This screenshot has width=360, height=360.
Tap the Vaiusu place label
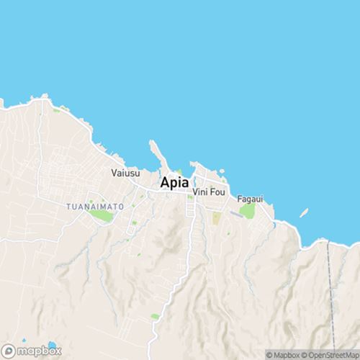pos(125,173)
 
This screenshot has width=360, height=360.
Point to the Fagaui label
pos(250,197)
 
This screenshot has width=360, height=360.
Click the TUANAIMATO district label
pos(95,207)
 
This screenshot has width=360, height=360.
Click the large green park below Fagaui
pos(248,210)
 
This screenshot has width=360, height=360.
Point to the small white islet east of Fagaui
pos(304,213)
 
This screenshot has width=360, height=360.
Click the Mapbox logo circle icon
pos(9,351)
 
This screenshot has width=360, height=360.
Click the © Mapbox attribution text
pos(284,354)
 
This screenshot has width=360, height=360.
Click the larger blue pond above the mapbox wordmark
pos(51,345)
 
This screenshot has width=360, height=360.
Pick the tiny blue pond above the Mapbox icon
pos(24,340)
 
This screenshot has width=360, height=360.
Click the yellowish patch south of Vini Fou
pos(216,217)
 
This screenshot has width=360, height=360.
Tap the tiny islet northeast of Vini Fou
pos(222,171)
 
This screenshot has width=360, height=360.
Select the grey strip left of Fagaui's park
pos(235,215)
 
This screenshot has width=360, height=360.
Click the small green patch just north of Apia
pos(180,172)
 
